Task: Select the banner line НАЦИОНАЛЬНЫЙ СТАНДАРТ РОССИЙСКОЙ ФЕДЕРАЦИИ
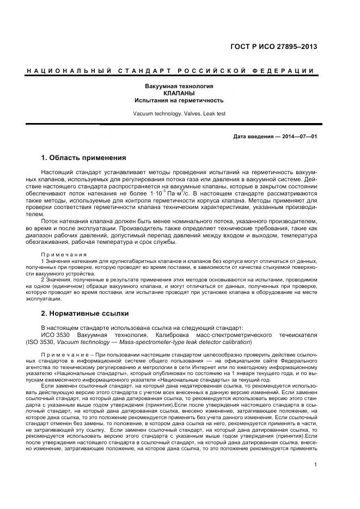pyautogui.click(x=170, y=71)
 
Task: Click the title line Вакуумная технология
pyautogui.click(x=179, y=87)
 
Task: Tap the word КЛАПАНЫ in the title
pyautogui.click(x=179, y=94)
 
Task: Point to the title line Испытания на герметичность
pyautogui.click(x=179, y=101)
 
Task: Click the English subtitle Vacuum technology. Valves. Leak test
pyautogui.click(x=179, y=114)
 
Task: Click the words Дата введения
pyautogui.click(x=253, y=137)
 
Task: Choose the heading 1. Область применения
pyautogui.click(x=83, y=158)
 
